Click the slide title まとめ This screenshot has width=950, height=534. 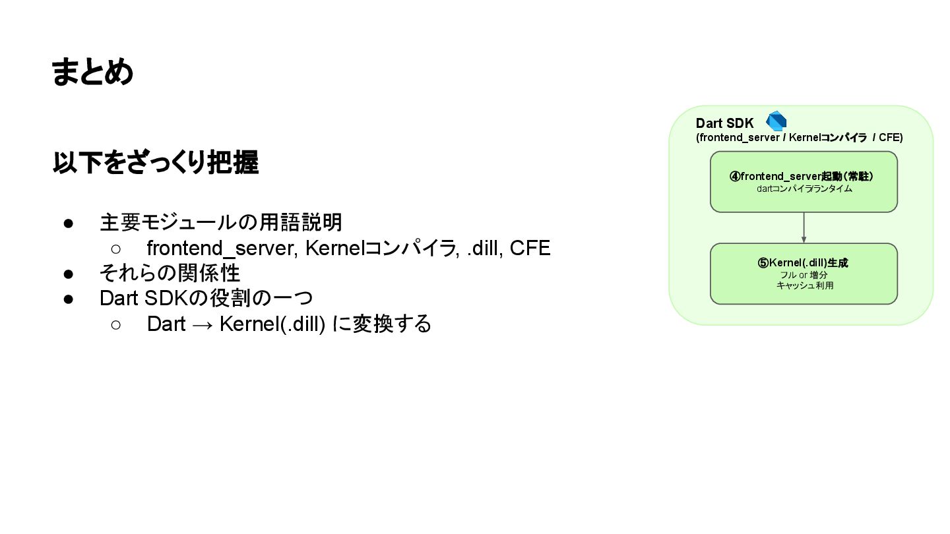[92, 72]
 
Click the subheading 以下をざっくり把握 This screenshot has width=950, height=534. [155, 163]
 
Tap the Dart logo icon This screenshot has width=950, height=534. [776, 121]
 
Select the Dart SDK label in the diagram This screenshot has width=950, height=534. [724, 123]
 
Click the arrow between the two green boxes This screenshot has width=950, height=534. [804, 227]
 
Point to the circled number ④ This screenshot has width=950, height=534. [734, 176]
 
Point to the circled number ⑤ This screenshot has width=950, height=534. [763, 262]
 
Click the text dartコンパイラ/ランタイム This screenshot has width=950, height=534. [804, 189]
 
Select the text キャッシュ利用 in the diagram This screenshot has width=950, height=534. [804, 285]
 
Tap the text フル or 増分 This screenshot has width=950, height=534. [804, 274]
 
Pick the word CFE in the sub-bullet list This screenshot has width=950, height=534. [530, 248]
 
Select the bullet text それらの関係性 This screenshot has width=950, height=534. [170, 273]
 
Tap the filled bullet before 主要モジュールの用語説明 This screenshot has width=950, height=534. [69, 223]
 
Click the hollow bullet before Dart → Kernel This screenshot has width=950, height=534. [115, 324]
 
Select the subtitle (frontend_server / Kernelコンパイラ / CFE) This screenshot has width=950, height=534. [799, 138]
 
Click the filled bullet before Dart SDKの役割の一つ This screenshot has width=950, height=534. [69, 299]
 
